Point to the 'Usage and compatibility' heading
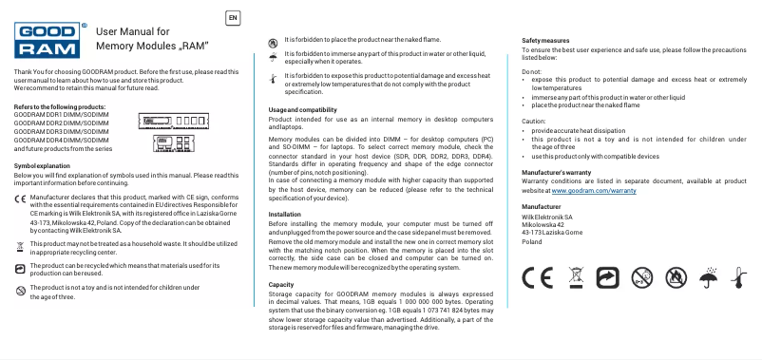tap(297, 110)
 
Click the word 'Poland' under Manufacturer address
tap(533, 241)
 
